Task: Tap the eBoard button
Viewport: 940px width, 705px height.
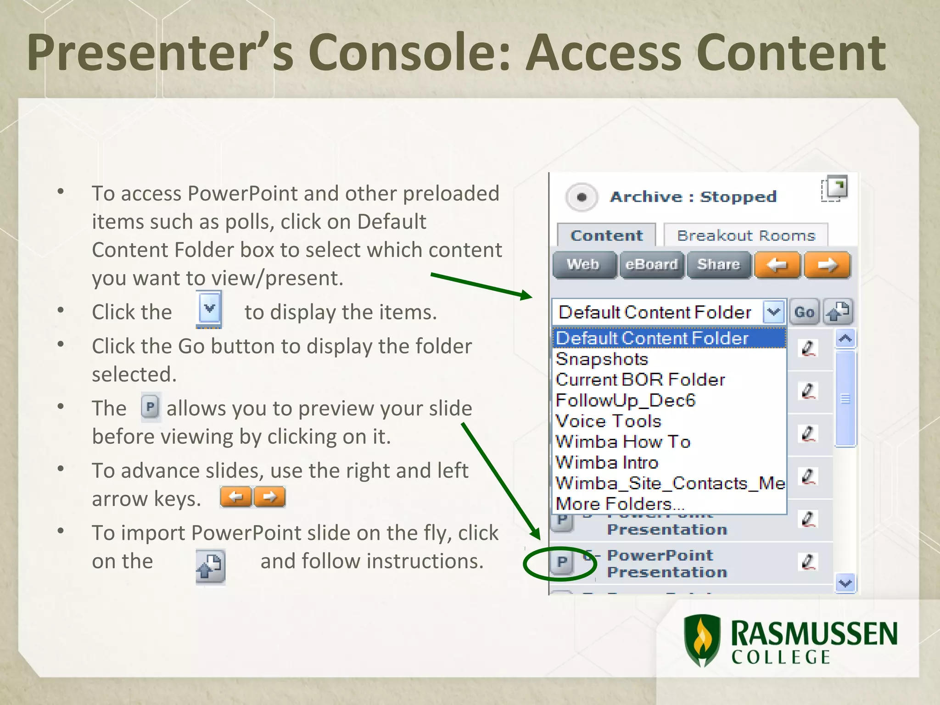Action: tap(651, 265)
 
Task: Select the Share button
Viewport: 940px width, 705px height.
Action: tap(718, 265)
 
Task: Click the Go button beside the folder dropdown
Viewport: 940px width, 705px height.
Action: tap(804, 312)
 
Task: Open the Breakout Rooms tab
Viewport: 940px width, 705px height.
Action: tap(746, 235)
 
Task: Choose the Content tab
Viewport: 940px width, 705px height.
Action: tap(606, 235)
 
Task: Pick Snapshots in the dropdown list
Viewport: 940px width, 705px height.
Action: tap(602, 359)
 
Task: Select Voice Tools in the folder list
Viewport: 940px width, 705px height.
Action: tap(608, 421)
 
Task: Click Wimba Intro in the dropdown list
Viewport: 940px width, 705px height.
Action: tap(607, 463)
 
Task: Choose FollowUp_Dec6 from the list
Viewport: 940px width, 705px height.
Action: tap(625, 401)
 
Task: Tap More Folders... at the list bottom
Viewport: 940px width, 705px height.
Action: tap(620, 504)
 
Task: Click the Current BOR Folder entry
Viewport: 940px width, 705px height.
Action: tap(640, 380)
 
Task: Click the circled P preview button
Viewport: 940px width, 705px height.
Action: tap(562, 562)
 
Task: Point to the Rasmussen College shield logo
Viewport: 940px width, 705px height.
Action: tap(702, 640)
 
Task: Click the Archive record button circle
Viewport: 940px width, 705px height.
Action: tap(582, 197)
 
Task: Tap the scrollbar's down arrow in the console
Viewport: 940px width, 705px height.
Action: tap(845, 583)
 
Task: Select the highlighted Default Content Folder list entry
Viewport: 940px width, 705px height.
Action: tap(652, 338)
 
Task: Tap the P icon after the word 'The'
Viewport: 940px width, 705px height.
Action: tap(150, 407)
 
